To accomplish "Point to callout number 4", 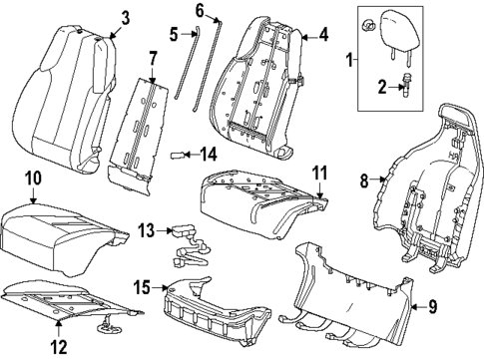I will coord(322,36).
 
